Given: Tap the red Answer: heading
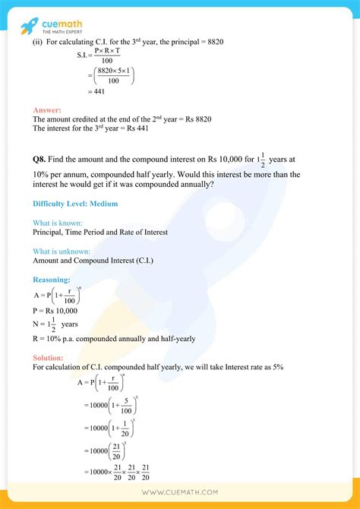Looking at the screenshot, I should tap(48, 111).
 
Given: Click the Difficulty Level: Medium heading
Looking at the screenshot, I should tap(75, 204).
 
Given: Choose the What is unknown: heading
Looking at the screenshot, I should tap(62, 251).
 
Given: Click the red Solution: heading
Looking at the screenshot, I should tap(49, 357).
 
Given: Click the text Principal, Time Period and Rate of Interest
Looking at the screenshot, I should tap(100, 232).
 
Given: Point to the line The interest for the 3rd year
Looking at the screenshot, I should tap(90, 128).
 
